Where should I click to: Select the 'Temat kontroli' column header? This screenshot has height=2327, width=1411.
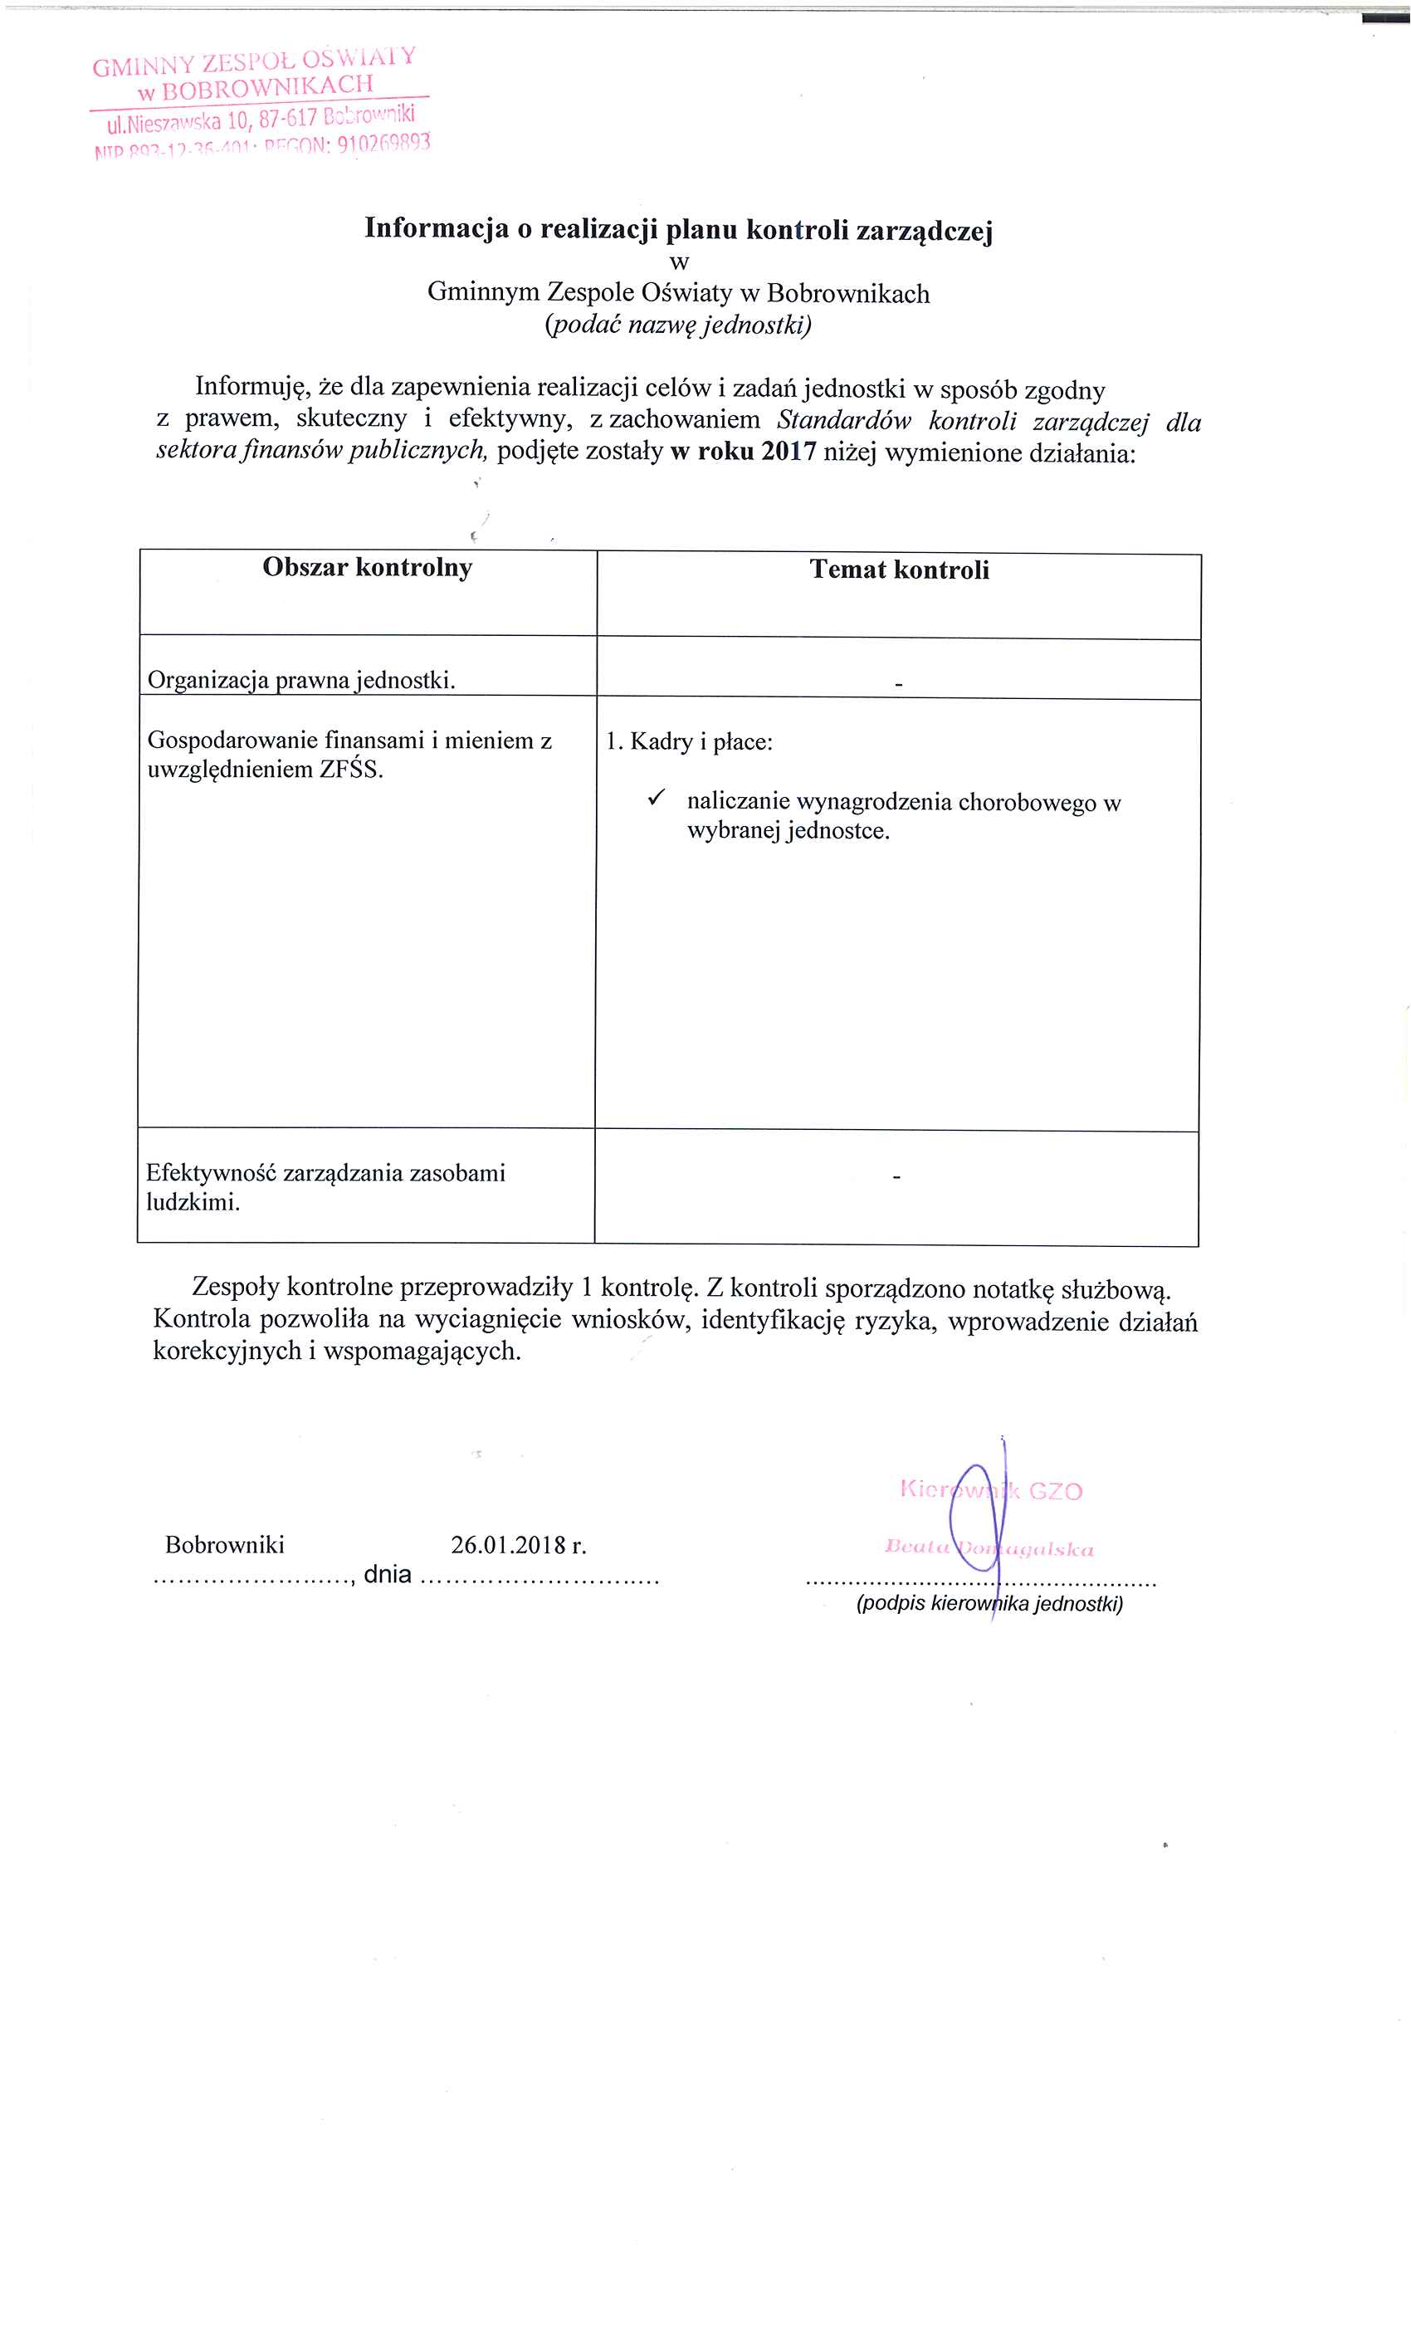pos(898,570)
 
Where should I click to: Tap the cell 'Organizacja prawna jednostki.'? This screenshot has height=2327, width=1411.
pos(301,680)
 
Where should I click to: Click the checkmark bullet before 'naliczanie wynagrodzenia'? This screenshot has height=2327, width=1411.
pos(657,798)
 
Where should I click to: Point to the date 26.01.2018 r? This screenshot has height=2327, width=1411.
pos(518,1544)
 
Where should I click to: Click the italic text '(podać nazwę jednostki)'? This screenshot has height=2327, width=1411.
pos(677,325)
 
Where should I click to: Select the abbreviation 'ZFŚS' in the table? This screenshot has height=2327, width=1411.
pos(349,769)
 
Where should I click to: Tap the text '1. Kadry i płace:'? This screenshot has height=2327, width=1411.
pos(689,741)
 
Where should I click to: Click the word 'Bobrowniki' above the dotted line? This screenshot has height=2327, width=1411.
pos(225,1544)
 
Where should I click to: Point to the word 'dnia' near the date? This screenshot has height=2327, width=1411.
pos(388,1574)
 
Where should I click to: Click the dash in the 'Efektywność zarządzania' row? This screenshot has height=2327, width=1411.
pos(896,1176)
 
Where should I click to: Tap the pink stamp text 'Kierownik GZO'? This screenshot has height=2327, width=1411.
pos(991,1490)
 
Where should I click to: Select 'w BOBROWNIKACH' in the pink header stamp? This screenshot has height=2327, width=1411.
pos(255,88)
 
